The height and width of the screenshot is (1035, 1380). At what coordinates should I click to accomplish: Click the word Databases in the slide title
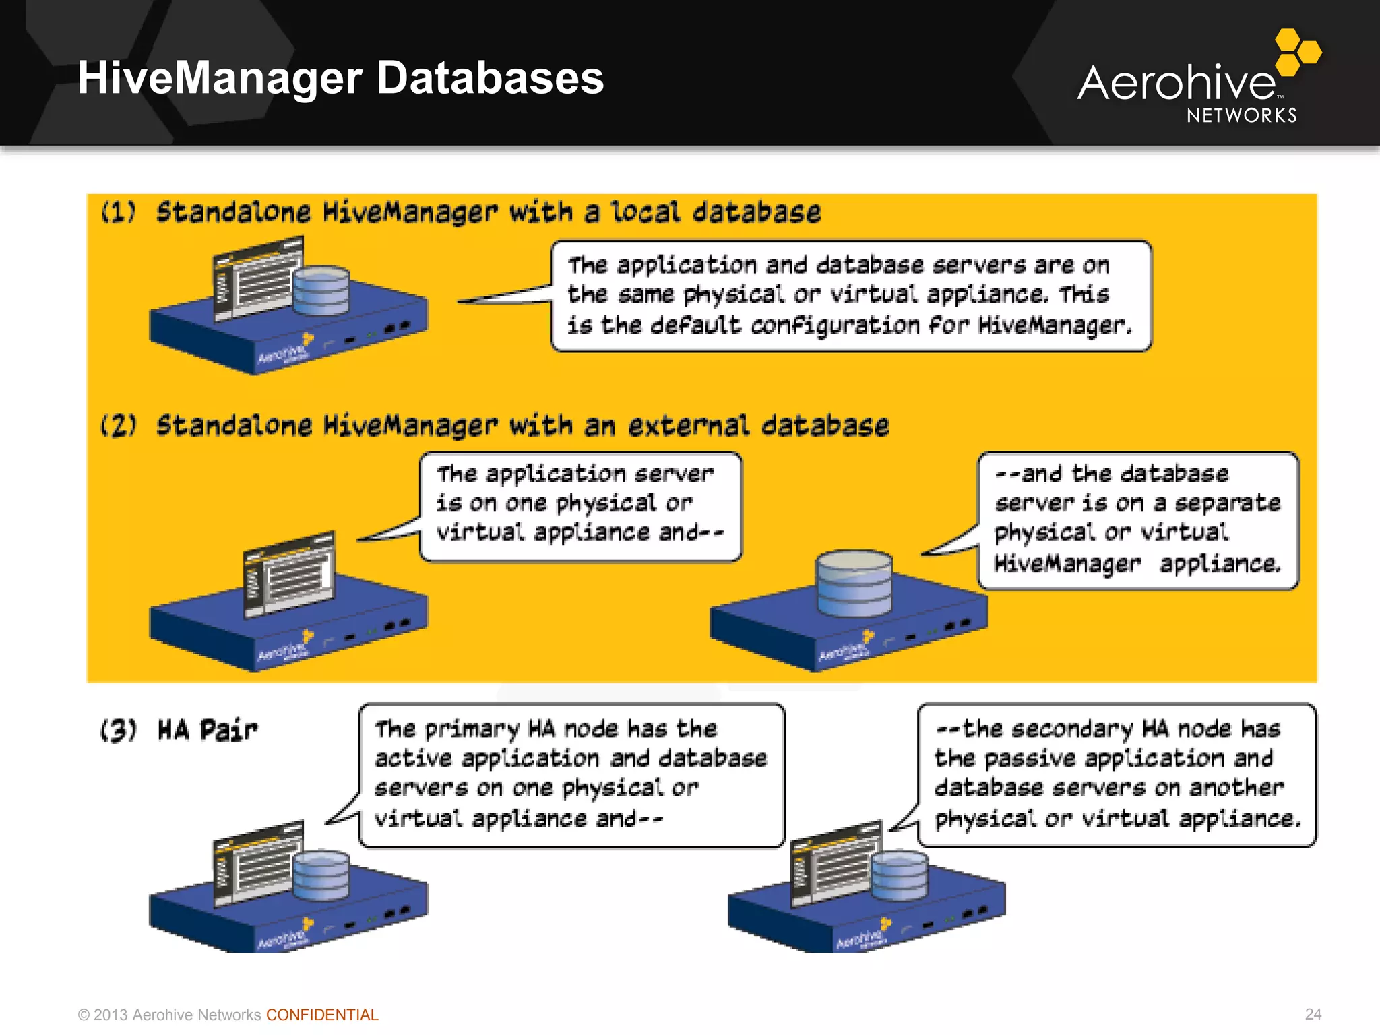pos(490,78)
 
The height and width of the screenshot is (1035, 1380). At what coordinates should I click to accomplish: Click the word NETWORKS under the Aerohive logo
pos(1242,116)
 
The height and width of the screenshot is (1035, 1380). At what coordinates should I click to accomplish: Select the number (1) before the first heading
pos(118,212)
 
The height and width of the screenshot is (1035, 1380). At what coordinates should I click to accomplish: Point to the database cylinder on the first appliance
pos(321,290)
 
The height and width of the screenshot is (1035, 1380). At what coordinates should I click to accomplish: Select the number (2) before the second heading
pos(118,425)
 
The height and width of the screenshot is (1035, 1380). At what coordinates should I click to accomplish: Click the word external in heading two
pos(688,425)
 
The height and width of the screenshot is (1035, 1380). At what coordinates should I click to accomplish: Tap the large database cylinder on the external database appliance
pos(854,583)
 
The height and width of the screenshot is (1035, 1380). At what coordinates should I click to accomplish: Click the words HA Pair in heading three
pos(208,730)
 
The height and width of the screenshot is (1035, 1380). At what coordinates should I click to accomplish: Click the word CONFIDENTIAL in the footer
pos(322,1015)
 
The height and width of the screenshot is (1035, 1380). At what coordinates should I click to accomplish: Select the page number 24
pos(1313,1014)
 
